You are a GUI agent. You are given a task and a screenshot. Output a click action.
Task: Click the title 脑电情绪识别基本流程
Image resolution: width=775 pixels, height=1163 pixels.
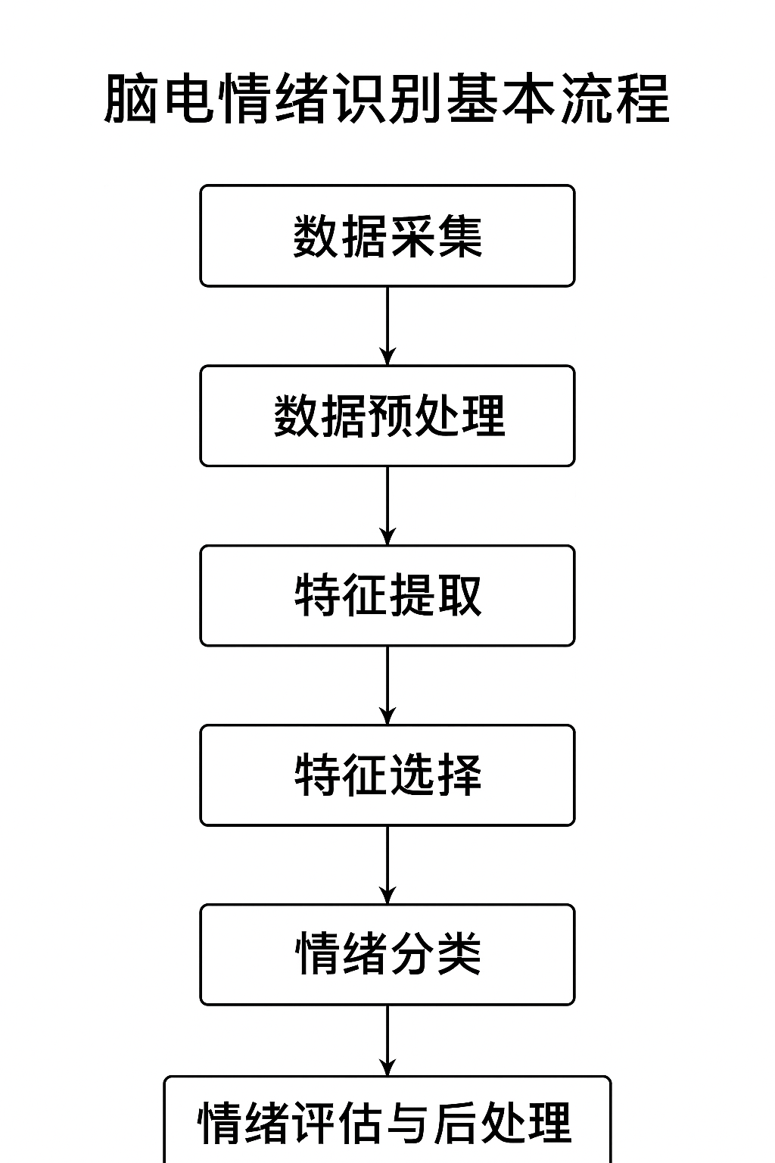pyautogui.click(x=387, y=98)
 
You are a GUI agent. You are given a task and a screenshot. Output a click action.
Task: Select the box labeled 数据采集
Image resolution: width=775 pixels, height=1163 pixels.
pyautogui.click(x=387, y=235)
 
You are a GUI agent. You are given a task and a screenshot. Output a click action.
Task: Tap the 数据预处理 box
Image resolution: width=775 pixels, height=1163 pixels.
pyautogui.click(x=387, y=416)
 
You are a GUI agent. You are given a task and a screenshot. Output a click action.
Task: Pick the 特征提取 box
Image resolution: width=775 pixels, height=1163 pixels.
pyautogui.click(x=387, y=595)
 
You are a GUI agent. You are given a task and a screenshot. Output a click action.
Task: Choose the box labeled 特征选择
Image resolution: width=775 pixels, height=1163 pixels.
pyautogui.click(x=387, y=775)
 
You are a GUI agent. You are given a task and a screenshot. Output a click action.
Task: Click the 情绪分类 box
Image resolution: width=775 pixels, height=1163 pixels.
pyautogui.click(x=387, y=954)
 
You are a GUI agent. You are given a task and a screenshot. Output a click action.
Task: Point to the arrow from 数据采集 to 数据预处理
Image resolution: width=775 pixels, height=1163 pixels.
pyautogui.click(x=387, y=326)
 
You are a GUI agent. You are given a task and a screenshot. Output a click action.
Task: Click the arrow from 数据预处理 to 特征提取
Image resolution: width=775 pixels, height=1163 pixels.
pyautogui.click(x=387, y=505)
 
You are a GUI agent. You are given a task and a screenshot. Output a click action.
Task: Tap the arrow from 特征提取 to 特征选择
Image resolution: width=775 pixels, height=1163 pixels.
pyautogui.click(x=387, y=684)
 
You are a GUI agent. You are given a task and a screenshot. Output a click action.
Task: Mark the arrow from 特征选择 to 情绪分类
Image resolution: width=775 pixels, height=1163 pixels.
pyautogui.click(x=387, y=864)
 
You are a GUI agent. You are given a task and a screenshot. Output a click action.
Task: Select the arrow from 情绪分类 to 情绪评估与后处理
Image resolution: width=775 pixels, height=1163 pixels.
pyautogui.click(x=387, y=1040)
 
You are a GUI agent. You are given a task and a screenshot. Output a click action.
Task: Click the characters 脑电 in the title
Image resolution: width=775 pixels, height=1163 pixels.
pyautogui.click(x=160, y=98)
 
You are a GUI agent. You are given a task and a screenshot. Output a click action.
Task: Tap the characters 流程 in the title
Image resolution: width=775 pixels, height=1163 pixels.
pyautogui.click(x=615, y=98)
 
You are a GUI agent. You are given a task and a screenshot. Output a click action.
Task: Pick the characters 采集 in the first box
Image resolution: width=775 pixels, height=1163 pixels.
pyautogui.click(x=435, y=235)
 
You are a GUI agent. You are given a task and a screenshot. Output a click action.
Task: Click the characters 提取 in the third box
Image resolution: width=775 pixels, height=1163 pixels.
pyautogui.click(x=435, y=595)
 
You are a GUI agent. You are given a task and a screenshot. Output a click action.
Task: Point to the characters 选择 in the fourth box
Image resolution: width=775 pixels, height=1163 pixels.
pyautogui.click(x=435, y=775)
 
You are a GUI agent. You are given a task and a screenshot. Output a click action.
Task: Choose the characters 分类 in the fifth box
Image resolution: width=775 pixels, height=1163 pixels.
pyautogui.click(x=435, y=954)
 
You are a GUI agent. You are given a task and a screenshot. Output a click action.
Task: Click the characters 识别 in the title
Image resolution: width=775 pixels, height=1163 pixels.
pyautogui.click(x=387, y=98)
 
